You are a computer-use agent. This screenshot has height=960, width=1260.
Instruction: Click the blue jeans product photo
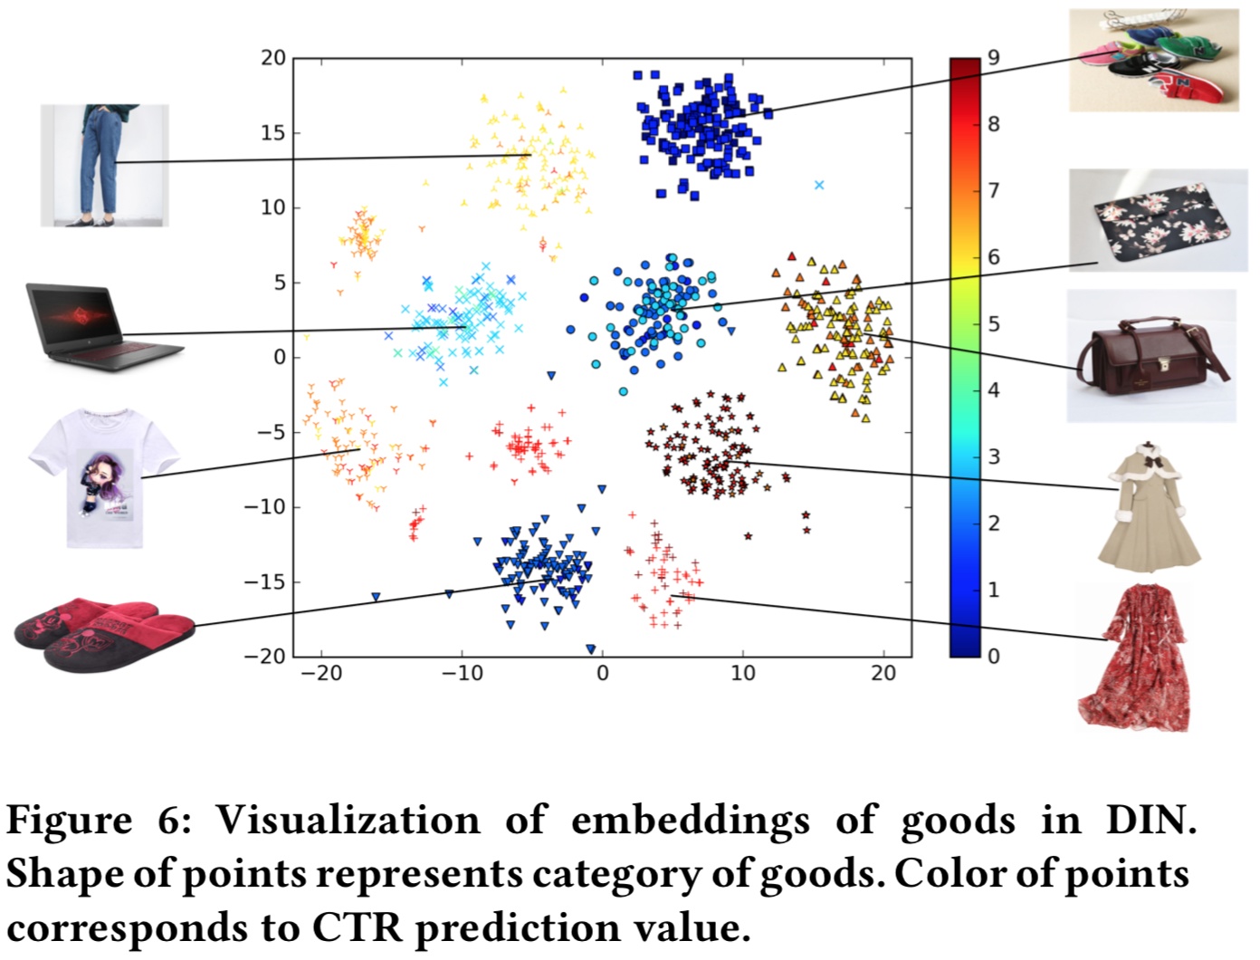(x=104, y=165)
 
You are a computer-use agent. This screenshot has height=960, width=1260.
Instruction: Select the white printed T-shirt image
(x=101, y=476)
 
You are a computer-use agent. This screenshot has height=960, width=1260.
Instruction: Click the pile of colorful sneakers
(x=1153, y=60)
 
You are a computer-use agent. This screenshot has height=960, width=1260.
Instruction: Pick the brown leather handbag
(x=1150, y=355)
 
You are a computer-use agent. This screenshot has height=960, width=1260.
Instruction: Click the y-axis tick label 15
(x=272, y=133)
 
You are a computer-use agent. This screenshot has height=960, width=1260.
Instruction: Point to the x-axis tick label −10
(x=462, y=673)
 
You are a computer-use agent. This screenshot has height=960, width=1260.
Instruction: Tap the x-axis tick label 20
(x=883, y=673)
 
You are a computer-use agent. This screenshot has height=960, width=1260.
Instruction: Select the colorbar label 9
(x=994, y=58)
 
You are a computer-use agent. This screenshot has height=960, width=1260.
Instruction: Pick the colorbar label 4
(x=994, y=390)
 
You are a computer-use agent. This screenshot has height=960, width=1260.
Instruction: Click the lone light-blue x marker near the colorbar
(x=819, y=185)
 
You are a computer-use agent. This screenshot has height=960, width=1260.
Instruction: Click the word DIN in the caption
(x=1150, y=821)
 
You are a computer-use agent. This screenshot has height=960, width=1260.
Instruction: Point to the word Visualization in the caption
(x=348, y=821)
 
